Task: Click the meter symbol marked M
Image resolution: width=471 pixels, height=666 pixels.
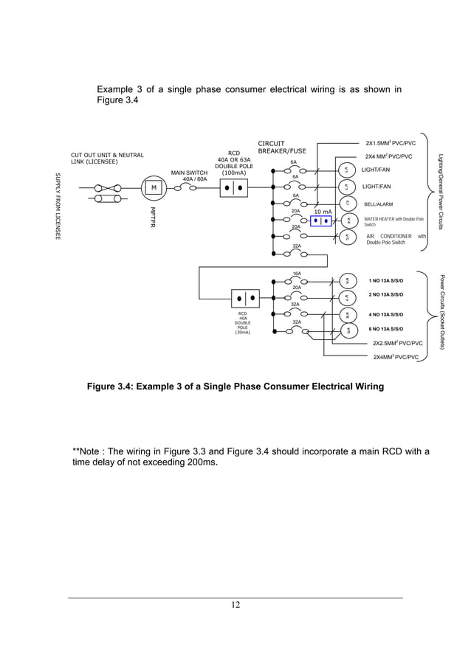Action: [154, 187]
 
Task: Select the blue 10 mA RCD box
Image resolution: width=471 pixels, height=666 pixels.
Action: [321, 221]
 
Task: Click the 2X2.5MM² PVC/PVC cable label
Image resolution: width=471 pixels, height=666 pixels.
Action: [397, 343]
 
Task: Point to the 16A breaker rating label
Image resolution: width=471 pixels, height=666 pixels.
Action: [297, 273]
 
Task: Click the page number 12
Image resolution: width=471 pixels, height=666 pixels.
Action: [235, 606]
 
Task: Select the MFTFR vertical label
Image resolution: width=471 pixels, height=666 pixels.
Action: [153, 215]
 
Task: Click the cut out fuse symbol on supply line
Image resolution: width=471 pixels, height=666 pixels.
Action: [109, 187]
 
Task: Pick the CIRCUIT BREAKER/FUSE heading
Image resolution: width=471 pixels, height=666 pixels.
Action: [282, 147]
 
